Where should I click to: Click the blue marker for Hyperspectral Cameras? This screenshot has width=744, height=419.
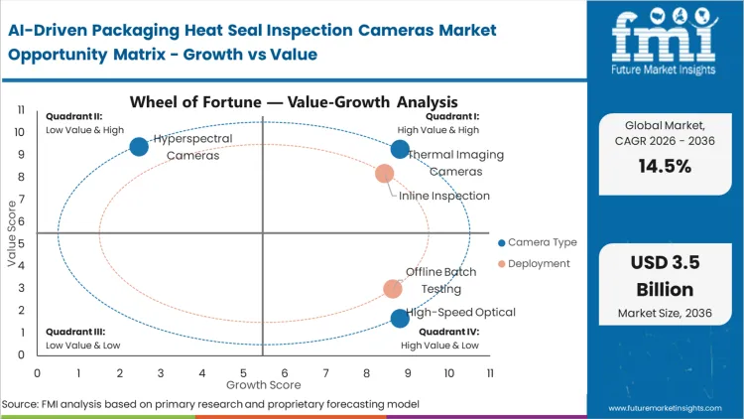pyautogui.click(x=139, y=147)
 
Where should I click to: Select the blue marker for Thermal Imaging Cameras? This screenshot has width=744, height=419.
pyautogui.click(x=400, y=149)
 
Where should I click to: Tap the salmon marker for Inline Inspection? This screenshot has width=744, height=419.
pyautogui.click(x=384, y=174)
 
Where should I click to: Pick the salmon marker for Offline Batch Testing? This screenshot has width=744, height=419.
pyautogui.click(x=393, y=289)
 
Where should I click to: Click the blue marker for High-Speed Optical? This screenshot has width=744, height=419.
pyautogui.click(x=400, y=319)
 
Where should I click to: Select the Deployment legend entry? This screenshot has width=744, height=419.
pyautogui.click(x=534, y=263)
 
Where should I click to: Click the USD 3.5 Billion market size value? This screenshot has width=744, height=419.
pyautogui.click(x=664, y=277)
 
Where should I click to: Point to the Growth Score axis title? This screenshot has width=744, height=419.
pyautogui.click(x=263, y=383)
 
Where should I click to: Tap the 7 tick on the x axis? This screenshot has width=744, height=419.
pyautogui.click(x=326, y=372)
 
